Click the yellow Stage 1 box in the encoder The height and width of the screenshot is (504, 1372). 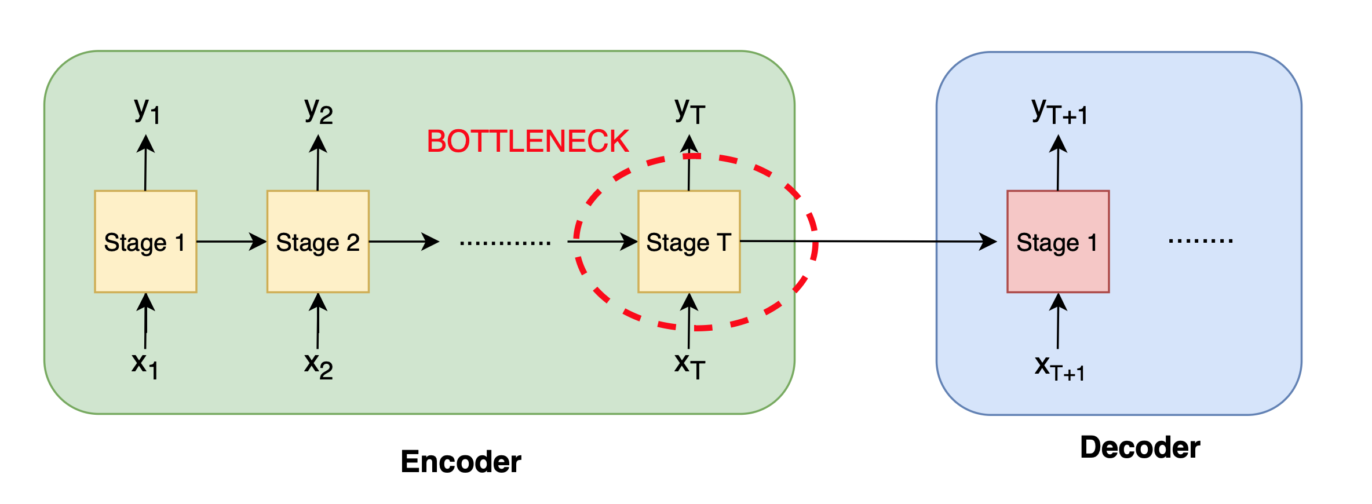click(x=145, y=242)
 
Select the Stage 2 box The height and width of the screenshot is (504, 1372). click(x=318, y=242)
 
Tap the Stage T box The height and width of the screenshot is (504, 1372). click(x=689, y=242)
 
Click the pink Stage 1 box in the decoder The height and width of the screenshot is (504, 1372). click(x=1058, y=242)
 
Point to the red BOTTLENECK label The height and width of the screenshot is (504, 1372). click(x=528, y=141)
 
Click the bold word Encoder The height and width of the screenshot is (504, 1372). click(x=461, y=462)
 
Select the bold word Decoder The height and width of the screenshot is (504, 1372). click(x=1140, y=447)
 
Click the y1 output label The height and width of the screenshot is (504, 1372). click(x=147, y=110)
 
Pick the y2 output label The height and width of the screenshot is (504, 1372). click(x=319, y=110)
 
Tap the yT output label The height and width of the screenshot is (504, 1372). click(x=689, y=110)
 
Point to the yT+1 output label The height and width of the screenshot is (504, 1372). click(x=1059, y=111)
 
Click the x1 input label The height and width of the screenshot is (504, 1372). click(x=145, y=365)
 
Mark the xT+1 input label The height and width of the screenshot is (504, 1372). click(x=1059, y=368)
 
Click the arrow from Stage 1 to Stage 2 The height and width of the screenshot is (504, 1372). click(x=231, y=242)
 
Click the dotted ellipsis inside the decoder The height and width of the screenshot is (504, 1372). click(x=1200, y=240)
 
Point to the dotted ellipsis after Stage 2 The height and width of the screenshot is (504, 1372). click(x=505, y=243)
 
